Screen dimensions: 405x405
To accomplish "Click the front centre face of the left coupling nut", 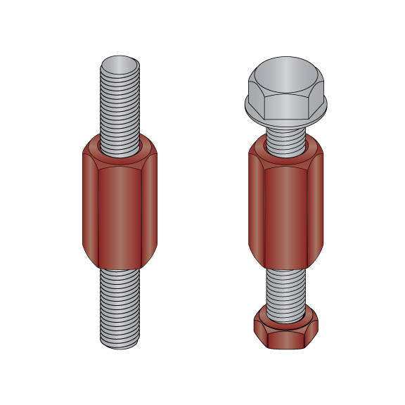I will tap(120, 211).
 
